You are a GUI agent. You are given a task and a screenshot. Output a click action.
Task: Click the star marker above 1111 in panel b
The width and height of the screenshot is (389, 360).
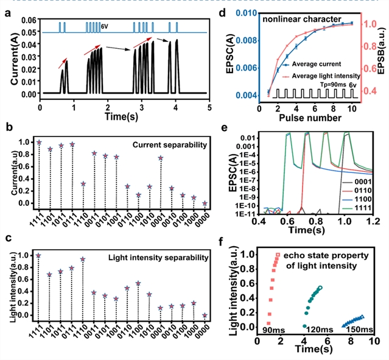[40, 142]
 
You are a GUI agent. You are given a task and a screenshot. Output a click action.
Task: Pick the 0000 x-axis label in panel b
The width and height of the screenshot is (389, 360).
[205, 220]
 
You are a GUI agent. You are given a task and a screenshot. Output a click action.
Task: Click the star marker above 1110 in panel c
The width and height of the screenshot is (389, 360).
[83, 259]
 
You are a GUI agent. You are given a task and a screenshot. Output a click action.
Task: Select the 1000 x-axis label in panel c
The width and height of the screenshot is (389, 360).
[194, 334]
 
